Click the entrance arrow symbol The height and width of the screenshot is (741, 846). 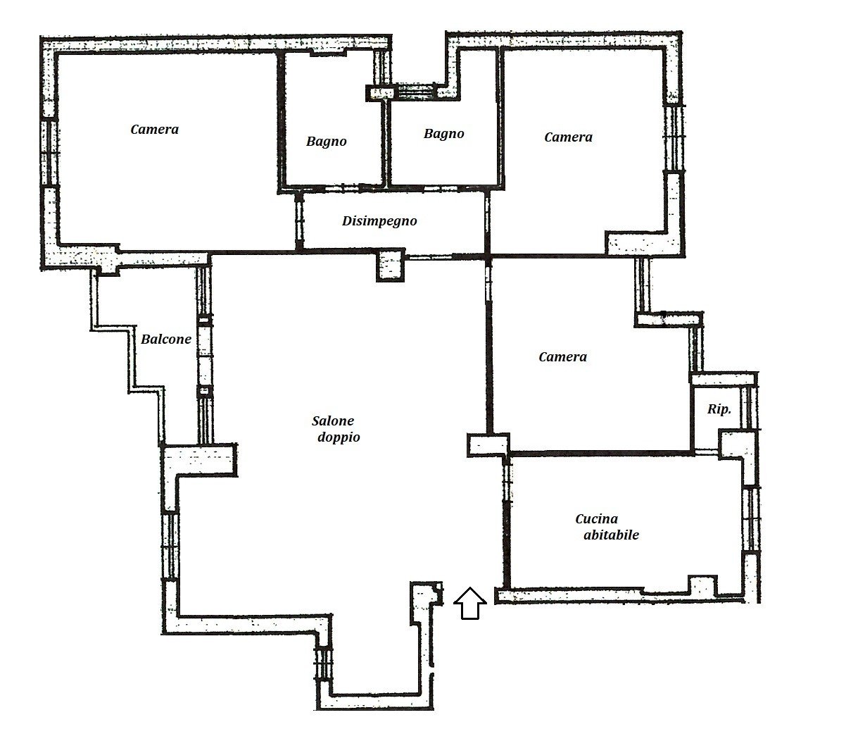pos(469,603)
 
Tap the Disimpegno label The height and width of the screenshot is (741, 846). pos(379,221)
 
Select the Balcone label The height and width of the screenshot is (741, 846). pos(166,340)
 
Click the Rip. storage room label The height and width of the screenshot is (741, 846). pos(719,410)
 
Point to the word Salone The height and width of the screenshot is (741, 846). pos(333,421)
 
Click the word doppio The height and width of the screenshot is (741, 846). pos(339,437)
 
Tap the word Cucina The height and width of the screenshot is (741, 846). pos(596,519)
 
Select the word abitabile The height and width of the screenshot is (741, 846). pos(611,535)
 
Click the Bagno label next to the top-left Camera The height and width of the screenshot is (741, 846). pos(327,142)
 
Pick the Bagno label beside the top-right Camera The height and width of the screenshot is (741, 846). pos(443,134)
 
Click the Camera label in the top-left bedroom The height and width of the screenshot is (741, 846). pos(155,130)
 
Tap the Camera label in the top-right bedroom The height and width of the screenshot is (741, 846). pos(568,137)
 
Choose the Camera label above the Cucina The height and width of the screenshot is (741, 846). pos(563,356)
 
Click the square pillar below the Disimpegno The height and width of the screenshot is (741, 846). pos(391,265)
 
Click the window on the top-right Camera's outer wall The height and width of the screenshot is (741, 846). pos(674,137)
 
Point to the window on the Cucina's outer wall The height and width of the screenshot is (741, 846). pos(750,519)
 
